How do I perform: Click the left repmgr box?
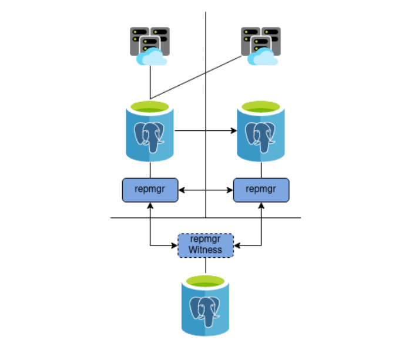point(150,190)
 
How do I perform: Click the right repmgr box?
point(261,190)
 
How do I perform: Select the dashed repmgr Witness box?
point(205,245)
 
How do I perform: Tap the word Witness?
point(205,250)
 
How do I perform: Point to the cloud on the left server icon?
point(151,58)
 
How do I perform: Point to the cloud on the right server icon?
point(263,58)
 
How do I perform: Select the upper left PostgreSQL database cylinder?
point(150,131)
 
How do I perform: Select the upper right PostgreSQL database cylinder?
point(261,131)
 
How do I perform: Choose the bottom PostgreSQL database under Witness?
point(205,305)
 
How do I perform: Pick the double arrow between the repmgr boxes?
point(205,190)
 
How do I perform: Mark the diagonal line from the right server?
point(197,77)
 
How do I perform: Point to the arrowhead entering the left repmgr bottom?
point(150,206)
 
